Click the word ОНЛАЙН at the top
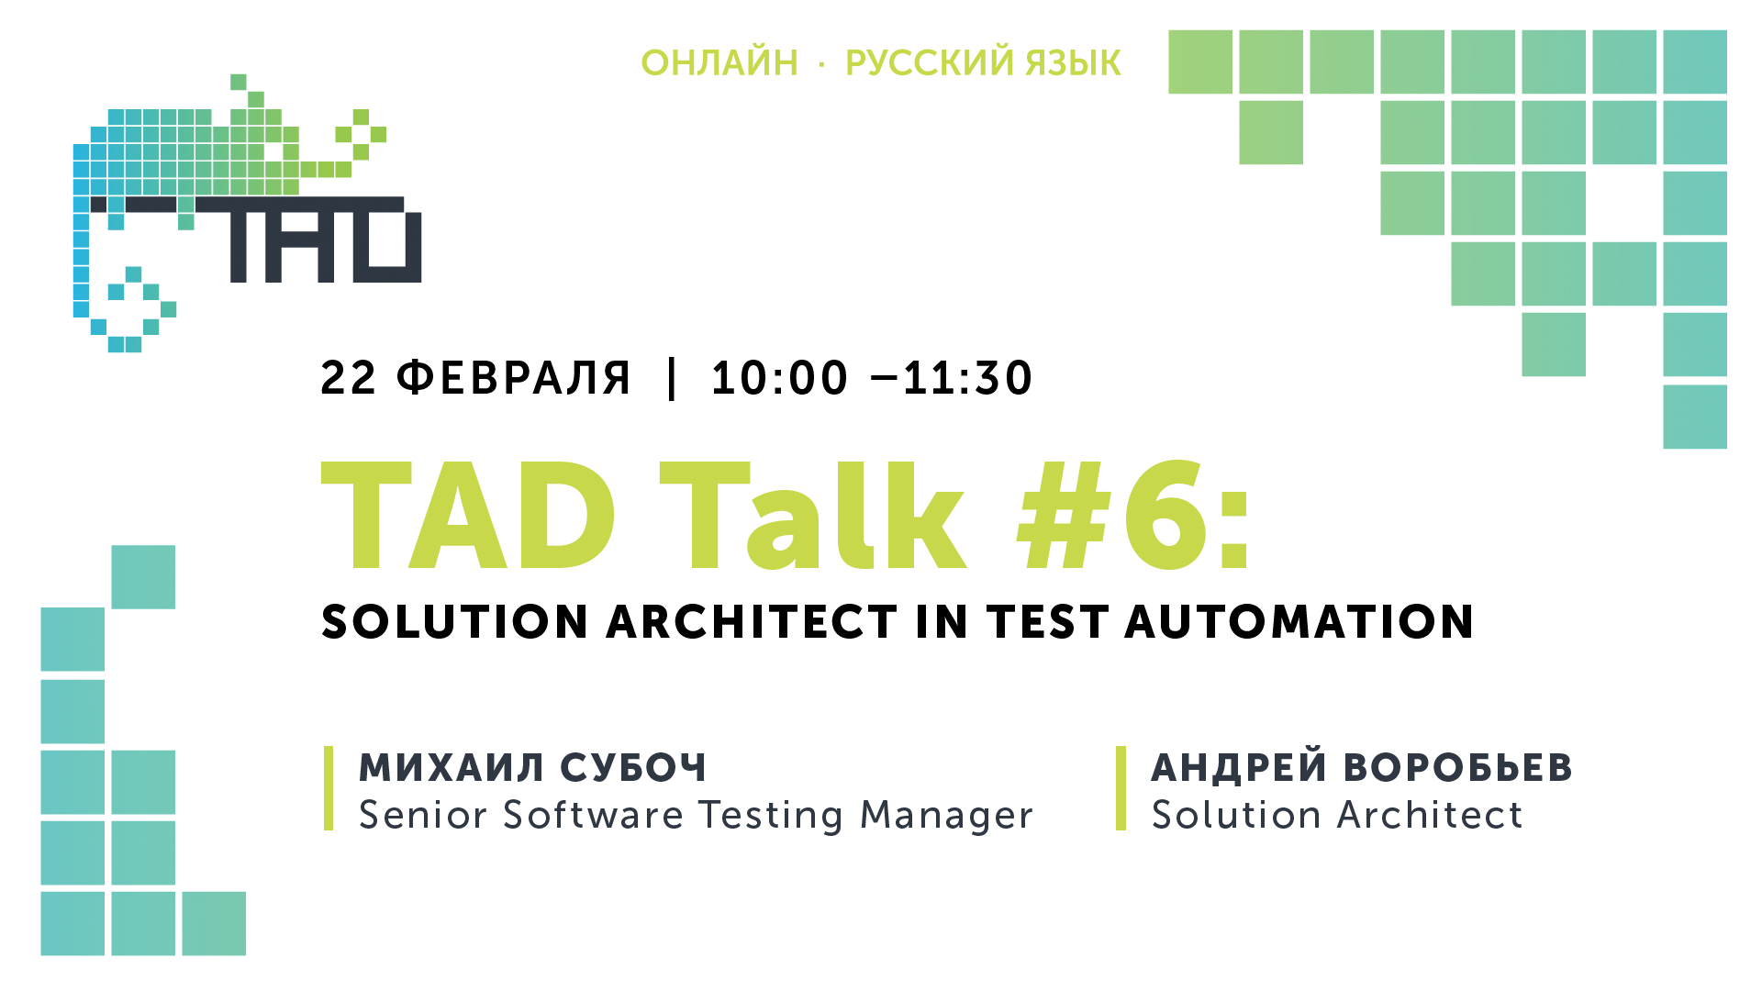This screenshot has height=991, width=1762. click(x=719, y=62)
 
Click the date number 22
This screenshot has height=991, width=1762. click(x=349, y=378)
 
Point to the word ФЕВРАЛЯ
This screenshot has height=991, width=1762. click(x=514, y=378)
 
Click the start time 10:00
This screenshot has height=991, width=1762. click(x=780, y=378)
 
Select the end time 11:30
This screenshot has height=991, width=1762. click(x=968, y=378)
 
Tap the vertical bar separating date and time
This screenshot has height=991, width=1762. click(x=673, y=378)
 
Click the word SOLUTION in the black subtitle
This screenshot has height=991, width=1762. click(x=454, y=622)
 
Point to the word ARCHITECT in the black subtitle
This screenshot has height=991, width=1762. click(x=753, y=622)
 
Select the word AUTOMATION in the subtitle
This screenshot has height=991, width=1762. click(x=1299, y=622)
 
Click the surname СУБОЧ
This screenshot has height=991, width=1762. click(x=633, y=768)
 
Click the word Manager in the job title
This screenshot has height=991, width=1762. click(x=946, y=816)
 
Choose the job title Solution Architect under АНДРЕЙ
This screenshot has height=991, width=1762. click(x=1337, y=815)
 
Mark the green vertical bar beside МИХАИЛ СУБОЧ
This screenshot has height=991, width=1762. click(x=329, y=788)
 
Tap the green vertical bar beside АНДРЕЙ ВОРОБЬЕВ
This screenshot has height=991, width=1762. click(x=1121, y=788)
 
